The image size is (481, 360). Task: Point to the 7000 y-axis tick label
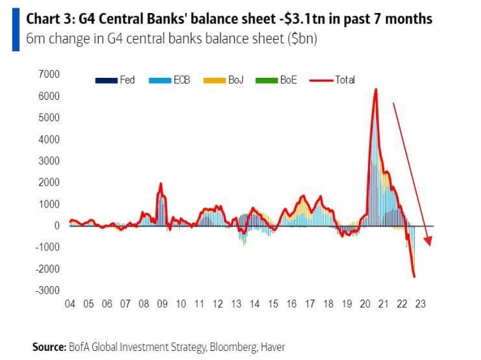49,75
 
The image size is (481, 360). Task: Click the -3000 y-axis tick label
47,289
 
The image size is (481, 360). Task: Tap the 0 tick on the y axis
56,225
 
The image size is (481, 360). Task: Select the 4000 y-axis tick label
49,139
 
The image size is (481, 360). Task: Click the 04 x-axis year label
70,304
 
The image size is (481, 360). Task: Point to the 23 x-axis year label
421,304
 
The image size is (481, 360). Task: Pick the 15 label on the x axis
273,304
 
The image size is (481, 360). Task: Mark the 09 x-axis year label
162,304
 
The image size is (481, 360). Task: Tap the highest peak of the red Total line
376,89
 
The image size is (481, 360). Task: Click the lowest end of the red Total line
413,277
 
